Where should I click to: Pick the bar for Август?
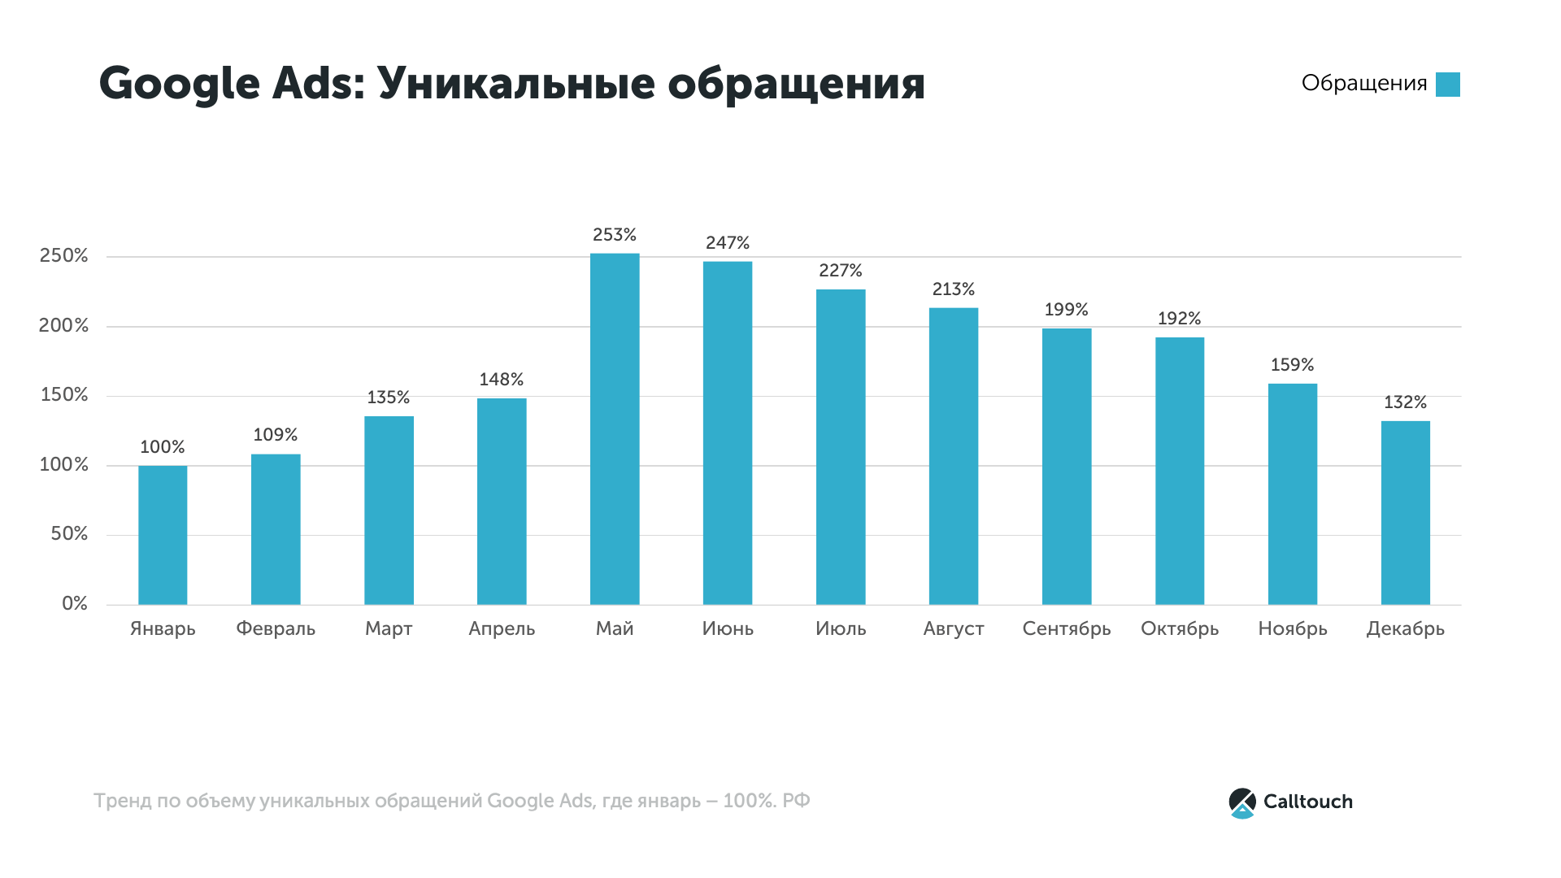click(954, 456)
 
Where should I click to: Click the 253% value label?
click(615, 235)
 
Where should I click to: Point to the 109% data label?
click(276, 435)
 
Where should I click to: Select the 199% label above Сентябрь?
click(1066, 310)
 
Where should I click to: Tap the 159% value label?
click(1292, 365)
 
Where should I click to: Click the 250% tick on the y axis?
click(63, 256)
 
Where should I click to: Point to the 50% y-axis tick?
click(69, 534)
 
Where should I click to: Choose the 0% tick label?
click(75, 604)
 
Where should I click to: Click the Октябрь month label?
click(1180, 629)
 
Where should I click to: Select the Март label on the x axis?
click(389, 629)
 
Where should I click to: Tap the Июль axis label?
click(841, 629)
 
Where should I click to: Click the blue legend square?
click(1448, 85)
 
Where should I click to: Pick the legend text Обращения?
click(1364, 84)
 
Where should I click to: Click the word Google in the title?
click(179, 85)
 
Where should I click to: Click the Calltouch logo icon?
click(1242, 802)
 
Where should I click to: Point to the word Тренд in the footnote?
click(122, 801)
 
